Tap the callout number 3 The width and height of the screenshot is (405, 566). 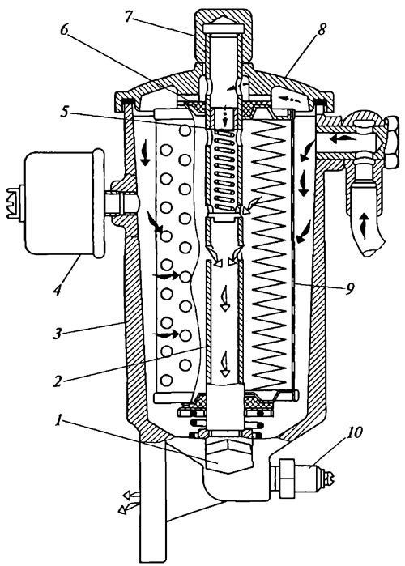pyautogui.click(x=58, y=334)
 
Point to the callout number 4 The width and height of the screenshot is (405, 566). pyautogui.click(x=58, y=290)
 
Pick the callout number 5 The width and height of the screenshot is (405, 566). pyautogui.click(x=64, y=112)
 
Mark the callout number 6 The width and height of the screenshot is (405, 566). pyautogui.click(x=64, y=30)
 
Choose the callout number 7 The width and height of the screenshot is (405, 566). pyautogui.click(x=129, y=17)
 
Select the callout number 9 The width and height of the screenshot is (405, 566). pyautogui.click(x=349, y=288)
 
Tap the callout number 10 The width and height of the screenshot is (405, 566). pyautogui.click(x=355, y=432)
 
